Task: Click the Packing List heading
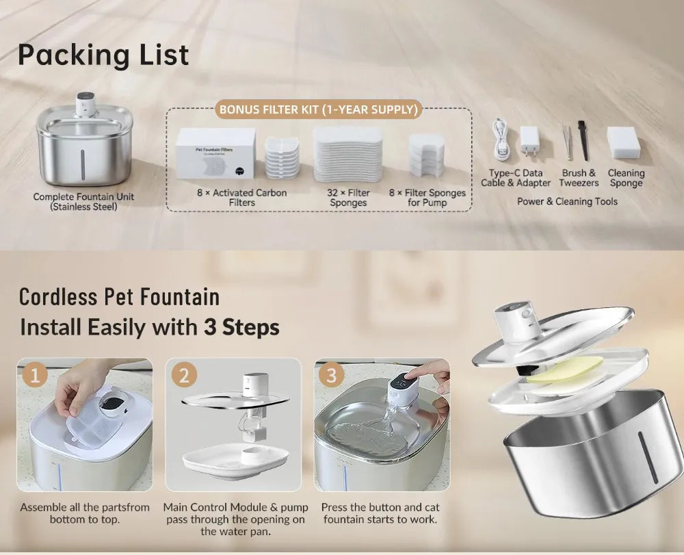click(x=103, y=55)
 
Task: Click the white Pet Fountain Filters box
click(x=215, y=153)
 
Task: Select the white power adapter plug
click(x=529, y=141)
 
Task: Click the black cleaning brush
click(x=583, y=140)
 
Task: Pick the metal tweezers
click(x=567, y=142)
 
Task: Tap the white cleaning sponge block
click(x=624, y=142)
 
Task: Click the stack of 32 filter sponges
click(x=347, y=155)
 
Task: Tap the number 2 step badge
click(x=184, y=375)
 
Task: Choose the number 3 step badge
click(x=332, y=375)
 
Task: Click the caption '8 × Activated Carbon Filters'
click(x=241, y=198)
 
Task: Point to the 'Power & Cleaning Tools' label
click(x=567, y=202)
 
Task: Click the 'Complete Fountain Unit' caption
click(x=83, y=197)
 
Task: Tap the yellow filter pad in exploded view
click(x=565, y=371)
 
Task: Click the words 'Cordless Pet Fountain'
click(x=119, y=297)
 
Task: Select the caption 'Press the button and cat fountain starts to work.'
click(x=380, y=513)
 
